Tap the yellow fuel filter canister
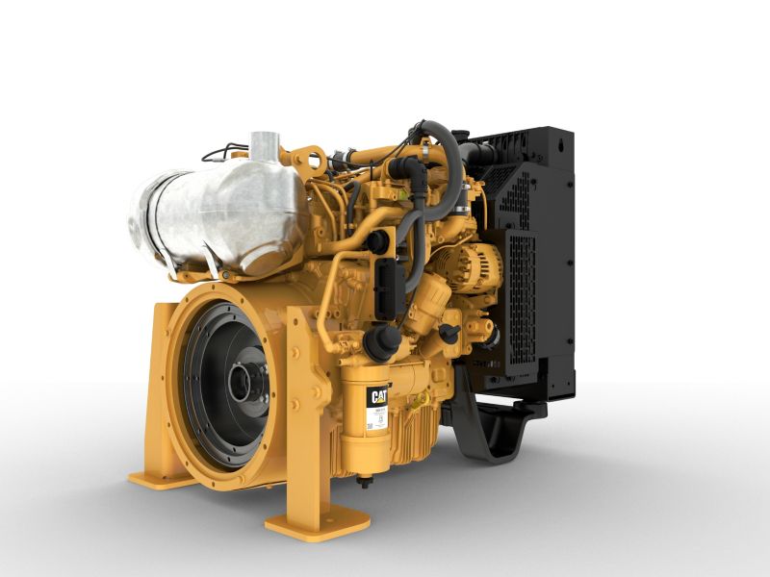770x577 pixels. pos(374,423)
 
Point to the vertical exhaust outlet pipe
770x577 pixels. pos(264,150)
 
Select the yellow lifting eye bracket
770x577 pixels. pos(309,158)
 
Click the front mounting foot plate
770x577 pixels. pos(317,524)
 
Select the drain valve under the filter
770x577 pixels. pos(365,481)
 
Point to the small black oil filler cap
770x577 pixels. pos(449,332)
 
